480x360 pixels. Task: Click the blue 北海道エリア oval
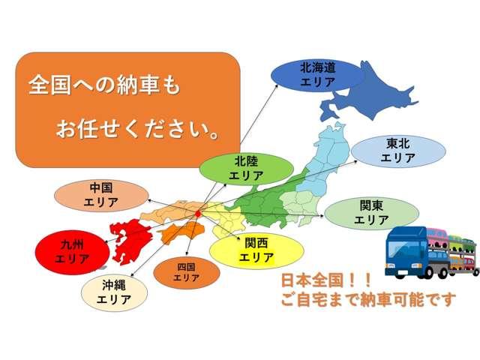pos(317,73)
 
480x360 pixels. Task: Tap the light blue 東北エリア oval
pos(398,151)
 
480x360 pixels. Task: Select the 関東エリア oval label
pos(371,212)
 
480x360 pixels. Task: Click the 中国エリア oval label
pos(100,195)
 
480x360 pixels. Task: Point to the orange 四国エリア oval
pos(187,271)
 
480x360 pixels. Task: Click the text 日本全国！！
pos(325,281)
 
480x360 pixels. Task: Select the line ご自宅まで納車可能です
pos(367,300)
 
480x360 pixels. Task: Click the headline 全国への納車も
pos(105,83)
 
